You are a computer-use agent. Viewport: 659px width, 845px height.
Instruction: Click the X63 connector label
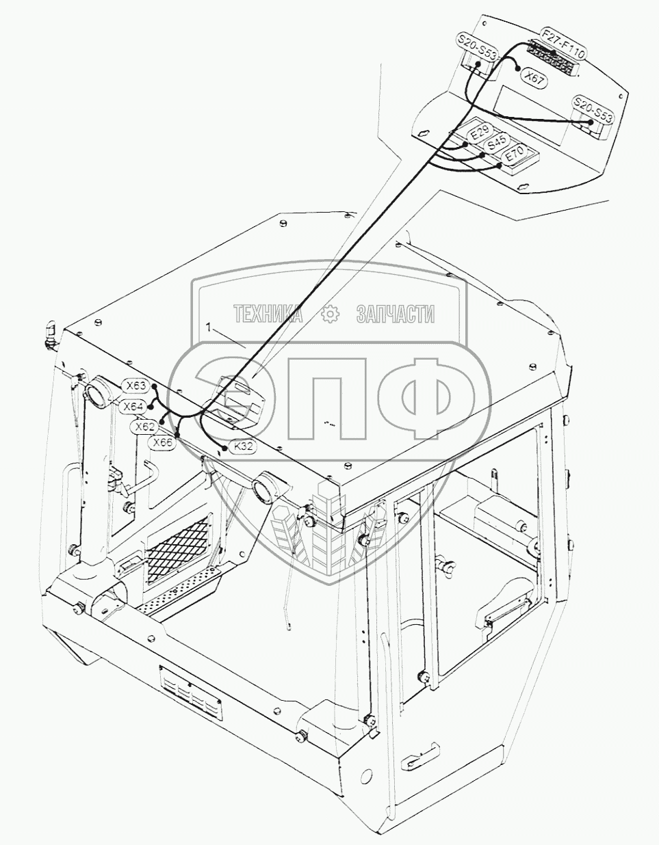[135, 386]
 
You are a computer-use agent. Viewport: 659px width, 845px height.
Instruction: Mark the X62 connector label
[144, 427]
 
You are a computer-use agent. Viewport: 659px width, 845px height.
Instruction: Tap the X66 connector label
[163, 442]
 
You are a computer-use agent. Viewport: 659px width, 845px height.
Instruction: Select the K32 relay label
[243, 446]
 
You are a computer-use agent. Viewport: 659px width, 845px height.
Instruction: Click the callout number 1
[207, 328]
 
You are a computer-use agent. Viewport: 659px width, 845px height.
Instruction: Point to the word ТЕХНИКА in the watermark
[268, 314]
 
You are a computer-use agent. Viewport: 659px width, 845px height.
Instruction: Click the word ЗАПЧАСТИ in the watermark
[396, 314]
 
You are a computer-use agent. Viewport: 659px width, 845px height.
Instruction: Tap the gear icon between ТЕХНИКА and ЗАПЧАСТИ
[330, 314]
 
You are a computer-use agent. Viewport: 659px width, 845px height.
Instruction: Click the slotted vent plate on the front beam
[191, 693]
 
